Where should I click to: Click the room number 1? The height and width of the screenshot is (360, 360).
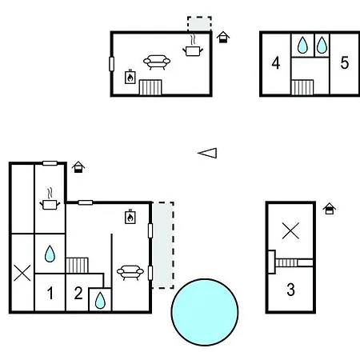[x=50, y=293]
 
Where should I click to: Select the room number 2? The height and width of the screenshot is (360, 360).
[x=78, y=293]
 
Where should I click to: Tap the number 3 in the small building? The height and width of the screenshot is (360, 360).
[x=290, y=290]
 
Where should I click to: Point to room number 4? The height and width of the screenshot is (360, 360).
[x=276, y=63]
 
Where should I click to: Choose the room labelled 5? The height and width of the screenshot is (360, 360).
[x=345, y=63]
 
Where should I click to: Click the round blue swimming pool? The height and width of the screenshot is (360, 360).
[x=205, y=312]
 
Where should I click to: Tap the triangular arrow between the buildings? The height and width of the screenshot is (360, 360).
[x=207, y=153]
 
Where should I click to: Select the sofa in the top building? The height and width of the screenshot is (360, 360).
[x=157, y=62]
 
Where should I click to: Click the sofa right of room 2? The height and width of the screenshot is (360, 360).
[x=130, y=272]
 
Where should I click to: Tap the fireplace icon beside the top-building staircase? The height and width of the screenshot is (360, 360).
[x=130, y=77]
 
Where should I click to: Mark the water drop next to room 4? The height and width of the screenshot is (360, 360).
[x=302, y=45]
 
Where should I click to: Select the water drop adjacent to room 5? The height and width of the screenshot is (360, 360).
[x=322, y=45]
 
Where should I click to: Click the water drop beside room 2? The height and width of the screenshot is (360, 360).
[x=100, y=301]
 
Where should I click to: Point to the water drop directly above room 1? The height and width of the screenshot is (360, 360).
[x=50, y=254]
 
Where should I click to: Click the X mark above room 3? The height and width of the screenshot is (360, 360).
[x=290, y=230]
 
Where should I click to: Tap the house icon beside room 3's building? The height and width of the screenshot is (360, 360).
[x=330, y=209]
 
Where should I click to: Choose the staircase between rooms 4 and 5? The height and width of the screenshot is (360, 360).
[x=302, y=87]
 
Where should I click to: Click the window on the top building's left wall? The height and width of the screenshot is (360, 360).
[x=112, y=64]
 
